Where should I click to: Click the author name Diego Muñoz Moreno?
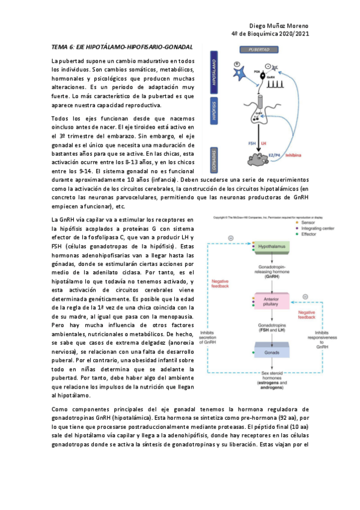[279, 26]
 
